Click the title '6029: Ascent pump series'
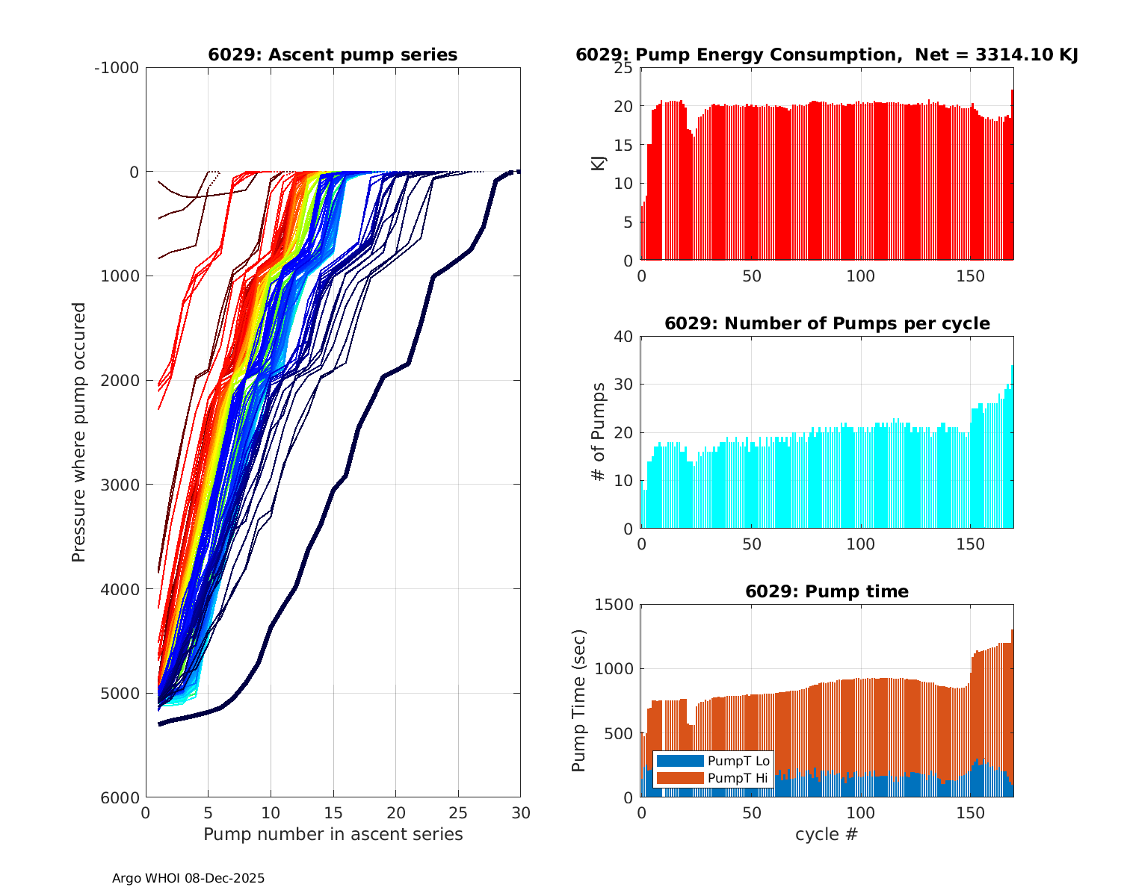pos(333,55)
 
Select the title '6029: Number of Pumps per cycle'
pos(827,323)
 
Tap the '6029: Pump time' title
pos(827,591)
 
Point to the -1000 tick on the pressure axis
pos(117,68)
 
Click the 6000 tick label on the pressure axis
pos(120,797)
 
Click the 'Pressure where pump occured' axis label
pos(78,432)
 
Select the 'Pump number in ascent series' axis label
pos(333,834)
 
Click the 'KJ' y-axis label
pos(599,164)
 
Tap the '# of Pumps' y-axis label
pos(599,432)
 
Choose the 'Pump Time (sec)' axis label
pos(579,700)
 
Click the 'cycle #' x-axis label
pos(827,834)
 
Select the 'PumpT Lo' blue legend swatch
pos(679,761)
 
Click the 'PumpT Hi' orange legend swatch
pos(679,778)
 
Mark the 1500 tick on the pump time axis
pos(614,605)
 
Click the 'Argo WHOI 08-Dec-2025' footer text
pos(188,878)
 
